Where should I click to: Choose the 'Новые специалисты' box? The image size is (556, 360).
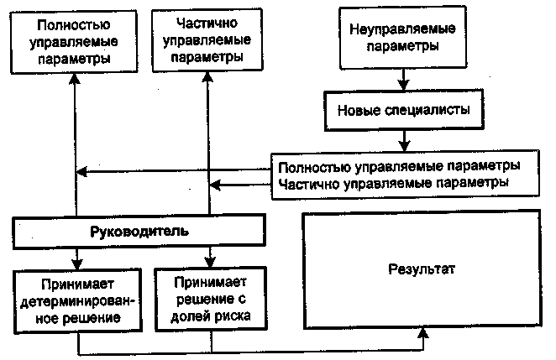[x=402, y=110]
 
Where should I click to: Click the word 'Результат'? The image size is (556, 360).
[x=421, y=270]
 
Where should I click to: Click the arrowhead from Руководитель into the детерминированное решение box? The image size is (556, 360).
[x=76, y=262]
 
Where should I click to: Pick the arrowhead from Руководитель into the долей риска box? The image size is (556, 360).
[x=208, y=262]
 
